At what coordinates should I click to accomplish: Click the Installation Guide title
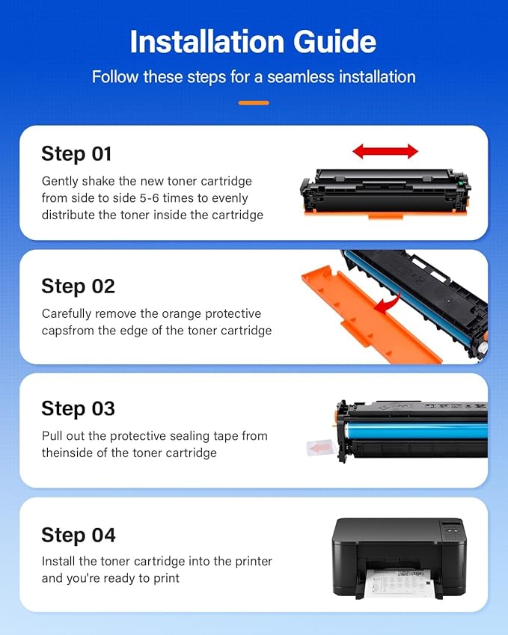click(254, 42)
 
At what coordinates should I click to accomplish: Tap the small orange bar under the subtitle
click(254, 102)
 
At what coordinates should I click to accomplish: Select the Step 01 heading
click(76, 154)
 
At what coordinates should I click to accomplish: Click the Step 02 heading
click(78, 286)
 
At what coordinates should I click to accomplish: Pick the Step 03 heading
click(78, 408)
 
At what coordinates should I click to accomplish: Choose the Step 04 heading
click(79, 535)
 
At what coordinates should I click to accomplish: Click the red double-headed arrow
click(385, 152)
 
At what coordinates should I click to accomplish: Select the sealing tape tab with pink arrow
click(320, 448)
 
